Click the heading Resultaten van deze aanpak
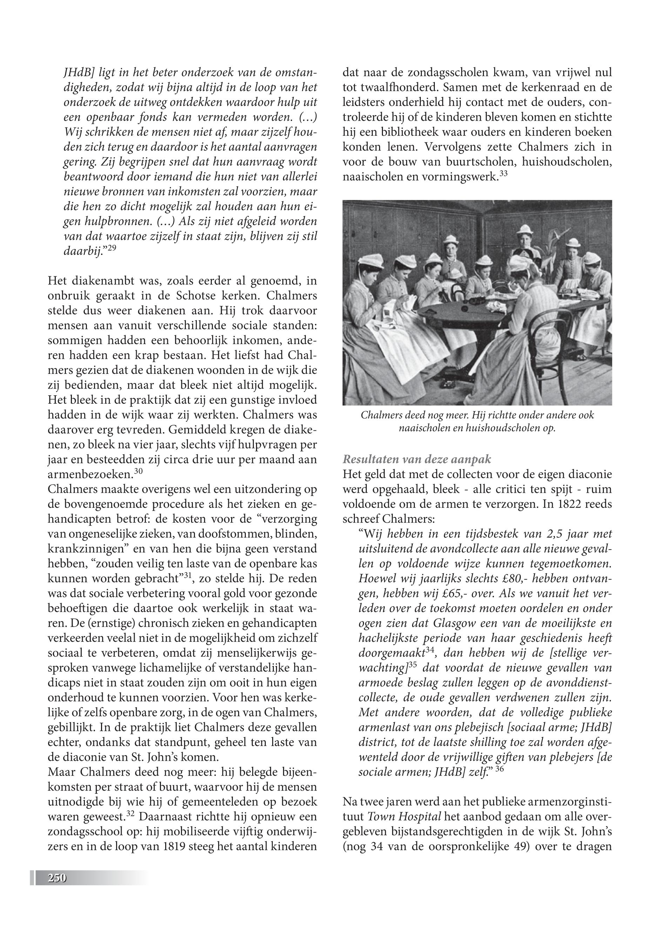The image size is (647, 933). click(x=417, y=459)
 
